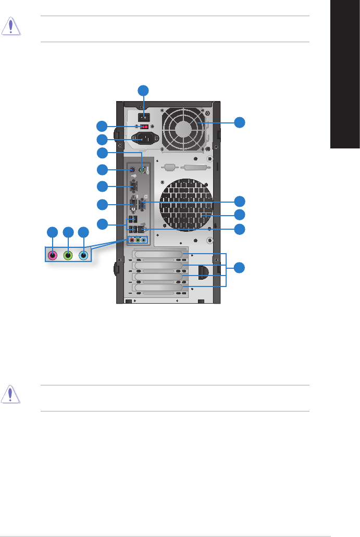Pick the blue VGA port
(x=142, y=205)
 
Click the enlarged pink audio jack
(x=53, y=255)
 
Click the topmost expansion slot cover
(x=158, y=254)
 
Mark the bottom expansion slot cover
(x=158, y=288)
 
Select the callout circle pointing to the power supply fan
(x=239, y=123)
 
